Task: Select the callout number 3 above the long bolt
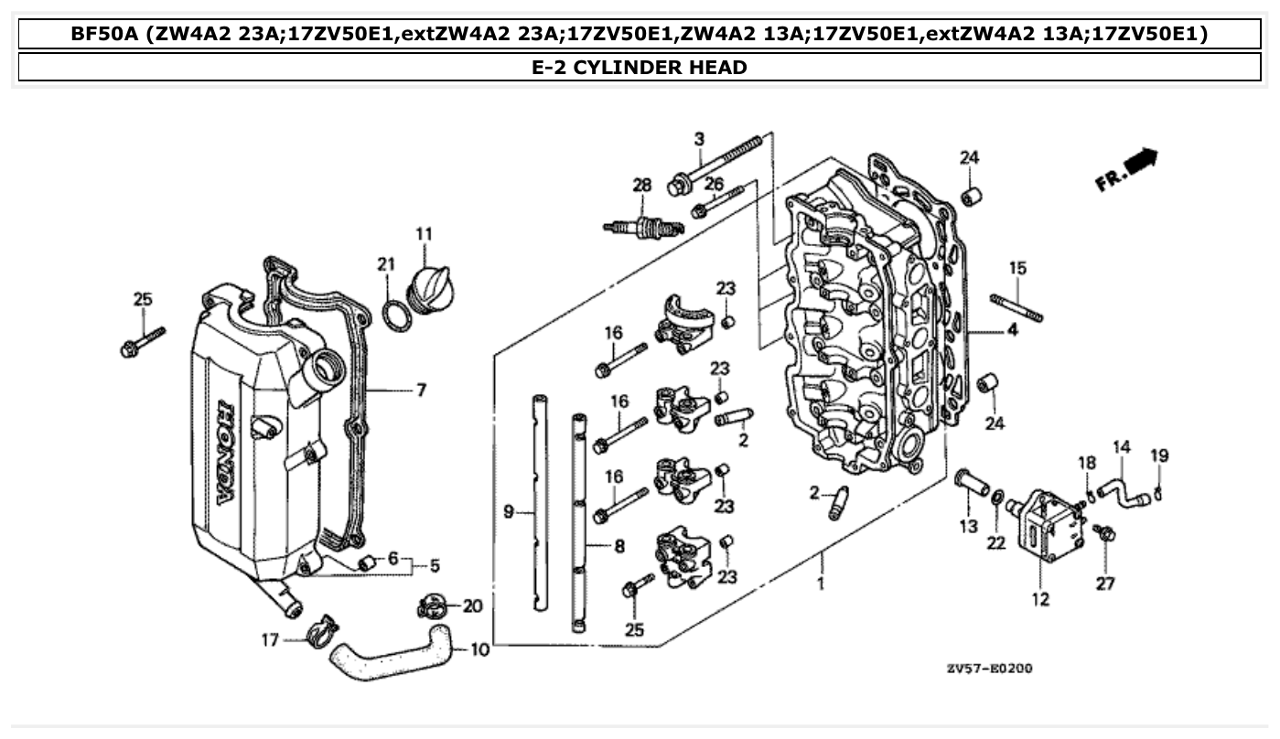click(x=699, y=139)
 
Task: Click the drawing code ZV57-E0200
click(x=989, y=669)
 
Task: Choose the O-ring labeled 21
click(x=395, y=316)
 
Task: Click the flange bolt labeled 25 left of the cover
click(x=142, y=340)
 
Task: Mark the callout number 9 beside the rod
click(x=509, y=512)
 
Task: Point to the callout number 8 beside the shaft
click(x=618, y=547)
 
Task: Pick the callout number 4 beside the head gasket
click(x=1012, y=331)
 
